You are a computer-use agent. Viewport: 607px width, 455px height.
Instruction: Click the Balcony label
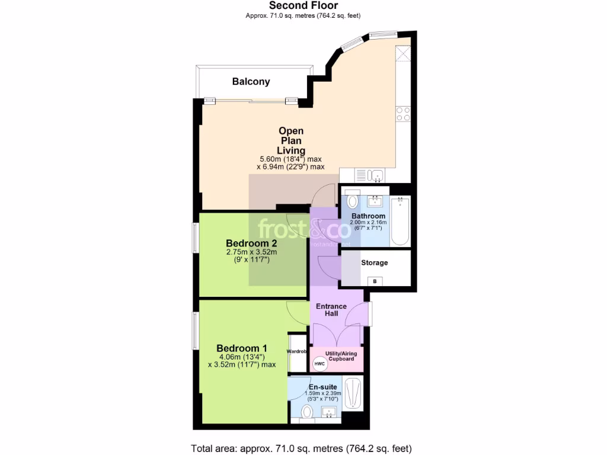(x=251, y=82)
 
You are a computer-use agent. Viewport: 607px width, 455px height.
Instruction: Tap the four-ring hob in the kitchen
(x=403, y=113)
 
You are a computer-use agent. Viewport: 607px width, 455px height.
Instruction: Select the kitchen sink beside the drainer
(x=376, y=175)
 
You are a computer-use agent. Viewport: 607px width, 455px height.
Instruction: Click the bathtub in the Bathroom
(x=400, y=221)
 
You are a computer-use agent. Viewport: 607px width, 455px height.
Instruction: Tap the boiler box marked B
(x=374, y=281)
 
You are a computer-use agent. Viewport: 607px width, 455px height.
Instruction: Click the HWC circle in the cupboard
(x=319, y=363)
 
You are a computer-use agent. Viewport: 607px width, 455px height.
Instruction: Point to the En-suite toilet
(x=308, y=412)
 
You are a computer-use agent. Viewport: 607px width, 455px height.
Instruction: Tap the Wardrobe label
(x=297, y=351)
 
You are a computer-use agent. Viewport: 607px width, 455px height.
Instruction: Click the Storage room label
(x=375, y=262)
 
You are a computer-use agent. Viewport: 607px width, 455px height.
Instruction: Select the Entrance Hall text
(x=331, y=310)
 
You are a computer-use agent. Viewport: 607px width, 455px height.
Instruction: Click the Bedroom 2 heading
(x=251, y=243)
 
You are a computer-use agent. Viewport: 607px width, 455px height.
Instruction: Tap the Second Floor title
(x=303, y=5)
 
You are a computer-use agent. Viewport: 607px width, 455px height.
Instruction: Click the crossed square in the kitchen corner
(x=404, y=54)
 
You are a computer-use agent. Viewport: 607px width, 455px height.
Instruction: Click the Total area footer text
(x=301, y=448)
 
